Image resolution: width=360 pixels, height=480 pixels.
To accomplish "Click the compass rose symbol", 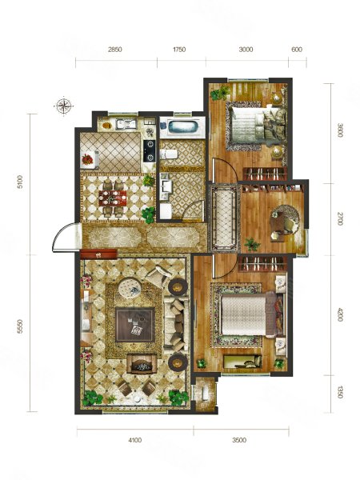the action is point(63,106).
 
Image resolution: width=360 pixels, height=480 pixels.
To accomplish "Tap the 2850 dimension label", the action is point(114,50).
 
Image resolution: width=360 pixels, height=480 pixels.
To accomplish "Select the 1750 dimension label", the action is point(179,50).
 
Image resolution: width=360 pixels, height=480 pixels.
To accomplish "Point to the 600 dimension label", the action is point(297,50).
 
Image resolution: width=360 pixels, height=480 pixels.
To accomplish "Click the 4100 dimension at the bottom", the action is point(134,440).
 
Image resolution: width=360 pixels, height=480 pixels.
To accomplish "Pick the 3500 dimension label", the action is point(239,440).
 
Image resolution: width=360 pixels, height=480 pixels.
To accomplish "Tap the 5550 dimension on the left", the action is point(20,326).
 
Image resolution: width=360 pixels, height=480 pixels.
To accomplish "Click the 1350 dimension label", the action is point(339,392).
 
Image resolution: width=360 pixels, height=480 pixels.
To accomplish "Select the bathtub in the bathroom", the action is point(182,127).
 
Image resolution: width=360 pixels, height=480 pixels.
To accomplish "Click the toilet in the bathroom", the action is point(169,154).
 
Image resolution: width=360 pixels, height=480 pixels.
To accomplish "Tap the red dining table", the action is point(113,198).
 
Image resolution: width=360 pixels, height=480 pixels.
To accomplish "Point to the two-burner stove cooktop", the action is point(150,150).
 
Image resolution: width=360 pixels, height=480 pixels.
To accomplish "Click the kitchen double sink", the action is point(126,124).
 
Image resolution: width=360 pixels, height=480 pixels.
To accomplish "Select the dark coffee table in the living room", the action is point(134,325).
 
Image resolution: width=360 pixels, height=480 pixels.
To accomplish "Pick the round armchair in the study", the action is point(285,221).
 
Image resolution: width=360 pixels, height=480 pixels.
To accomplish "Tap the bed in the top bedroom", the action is point(257,128).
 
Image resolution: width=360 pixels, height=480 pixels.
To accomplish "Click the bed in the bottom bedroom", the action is point(250,314).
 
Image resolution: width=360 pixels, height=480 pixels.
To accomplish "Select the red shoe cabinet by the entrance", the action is point(98,254).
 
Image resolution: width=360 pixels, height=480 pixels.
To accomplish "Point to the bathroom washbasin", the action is point(166,186).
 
